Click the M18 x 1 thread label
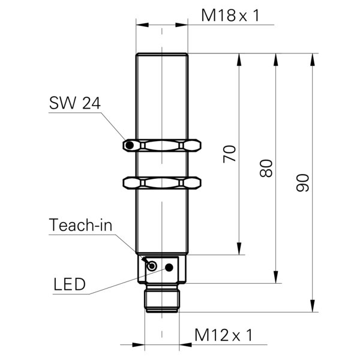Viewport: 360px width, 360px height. point(230,16)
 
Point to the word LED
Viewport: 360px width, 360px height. point(70,283)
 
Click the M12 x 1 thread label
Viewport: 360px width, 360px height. point(223,335)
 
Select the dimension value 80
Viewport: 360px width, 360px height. point(267,168)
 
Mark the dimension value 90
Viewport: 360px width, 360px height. point(304,182)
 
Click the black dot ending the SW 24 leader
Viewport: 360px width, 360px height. point(128,146)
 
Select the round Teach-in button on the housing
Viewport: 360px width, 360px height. point(152,266)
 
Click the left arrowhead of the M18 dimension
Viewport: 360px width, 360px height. point(140,25)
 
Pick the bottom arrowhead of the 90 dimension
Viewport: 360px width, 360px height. point(313,307)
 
